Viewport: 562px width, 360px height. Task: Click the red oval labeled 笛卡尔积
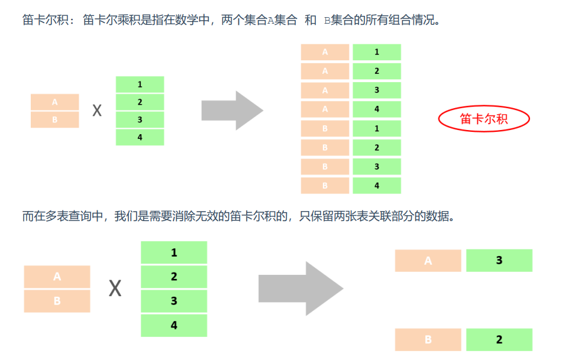pos(484,119)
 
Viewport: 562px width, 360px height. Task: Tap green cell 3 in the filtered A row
pos(499,260)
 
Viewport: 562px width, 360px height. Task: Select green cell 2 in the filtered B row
pos(499,339)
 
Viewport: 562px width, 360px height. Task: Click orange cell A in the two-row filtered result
pos(428,260)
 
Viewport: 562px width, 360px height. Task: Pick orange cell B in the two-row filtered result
pos(428,339)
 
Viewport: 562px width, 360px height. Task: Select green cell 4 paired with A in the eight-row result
pos(377,109)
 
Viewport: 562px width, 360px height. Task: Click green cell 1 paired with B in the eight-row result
pos(377,128)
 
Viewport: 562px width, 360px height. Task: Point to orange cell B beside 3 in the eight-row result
pos(325,167)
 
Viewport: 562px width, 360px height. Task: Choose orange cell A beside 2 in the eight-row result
pos(325,71)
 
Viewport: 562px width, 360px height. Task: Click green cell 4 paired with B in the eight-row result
pos(377,186)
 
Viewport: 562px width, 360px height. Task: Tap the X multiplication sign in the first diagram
pos(97,111)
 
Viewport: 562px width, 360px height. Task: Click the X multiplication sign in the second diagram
pos(115,288)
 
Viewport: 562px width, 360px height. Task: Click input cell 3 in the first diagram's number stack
pos(140,119)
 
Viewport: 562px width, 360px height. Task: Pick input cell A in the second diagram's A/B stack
pos(57,277)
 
